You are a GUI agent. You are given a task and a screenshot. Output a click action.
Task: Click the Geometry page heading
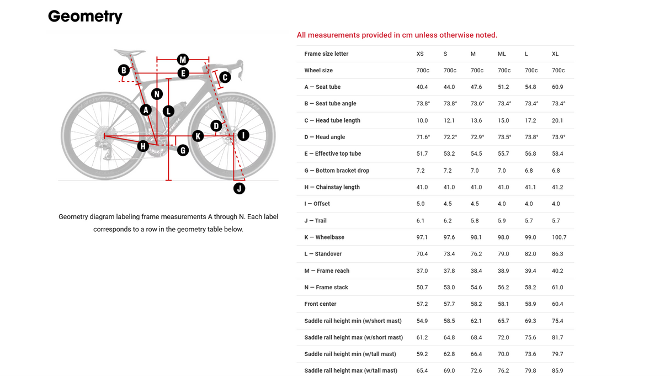click(85, 16)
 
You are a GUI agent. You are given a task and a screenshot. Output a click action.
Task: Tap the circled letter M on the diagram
click(183, 60)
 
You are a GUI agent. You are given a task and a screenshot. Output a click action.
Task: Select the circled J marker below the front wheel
click(240, 189)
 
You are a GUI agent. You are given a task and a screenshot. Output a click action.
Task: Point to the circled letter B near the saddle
click(124, 70)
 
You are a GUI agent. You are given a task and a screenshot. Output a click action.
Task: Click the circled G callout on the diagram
click(183, 150)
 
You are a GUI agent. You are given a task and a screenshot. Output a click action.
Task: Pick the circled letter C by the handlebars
click(225, 77)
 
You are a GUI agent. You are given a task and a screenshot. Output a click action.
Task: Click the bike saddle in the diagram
click(129, 52)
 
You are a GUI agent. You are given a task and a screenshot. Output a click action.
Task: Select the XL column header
click(555, 54)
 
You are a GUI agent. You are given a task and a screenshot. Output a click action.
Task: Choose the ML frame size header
click(502, 54)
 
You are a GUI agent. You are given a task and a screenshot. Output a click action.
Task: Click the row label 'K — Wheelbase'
click(324, 237)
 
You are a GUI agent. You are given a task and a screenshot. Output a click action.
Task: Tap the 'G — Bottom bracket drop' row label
click(337, 171)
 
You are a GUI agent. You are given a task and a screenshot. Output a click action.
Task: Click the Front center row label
click(320, 304)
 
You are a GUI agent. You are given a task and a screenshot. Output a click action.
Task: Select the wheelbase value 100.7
click(559, 237)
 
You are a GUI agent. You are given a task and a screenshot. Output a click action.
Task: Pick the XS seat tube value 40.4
click(422, 87)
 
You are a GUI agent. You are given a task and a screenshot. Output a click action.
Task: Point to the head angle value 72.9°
click(477, 137)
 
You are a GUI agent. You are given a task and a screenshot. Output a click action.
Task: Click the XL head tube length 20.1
click(557, 120)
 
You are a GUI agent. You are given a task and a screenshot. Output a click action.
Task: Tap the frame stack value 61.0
click(557, 288)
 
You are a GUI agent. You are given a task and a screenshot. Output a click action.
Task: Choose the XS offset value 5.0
click(421, 204)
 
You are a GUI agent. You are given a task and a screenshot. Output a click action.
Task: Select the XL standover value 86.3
click(557, 254)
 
